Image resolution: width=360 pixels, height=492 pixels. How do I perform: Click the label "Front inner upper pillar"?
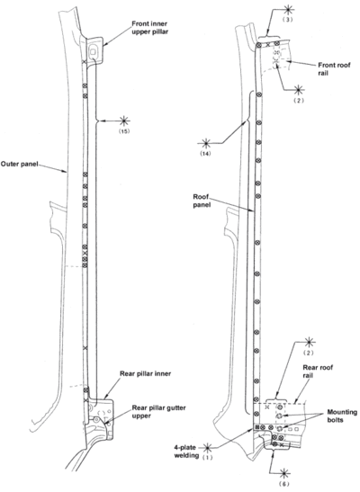(149, 28)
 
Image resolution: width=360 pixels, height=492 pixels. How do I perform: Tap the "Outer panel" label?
(19, 164)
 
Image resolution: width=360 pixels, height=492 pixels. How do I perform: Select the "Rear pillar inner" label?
(145, 373)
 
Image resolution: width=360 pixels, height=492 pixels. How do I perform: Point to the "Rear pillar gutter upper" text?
(158, 412)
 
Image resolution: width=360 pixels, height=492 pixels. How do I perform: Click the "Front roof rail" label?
(334, 69)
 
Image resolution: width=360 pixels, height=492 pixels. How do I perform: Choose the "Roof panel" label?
(202, 201)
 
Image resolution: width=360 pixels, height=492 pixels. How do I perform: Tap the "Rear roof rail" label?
(318, 371)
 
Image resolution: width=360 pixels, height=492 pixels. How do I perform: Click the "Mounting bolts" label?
(342, 416)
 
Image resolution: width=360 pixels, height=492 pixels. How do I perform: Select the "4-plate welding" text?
(186, 452)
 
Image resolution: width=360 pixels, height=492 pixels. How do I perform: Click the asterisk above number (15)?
(124, 121)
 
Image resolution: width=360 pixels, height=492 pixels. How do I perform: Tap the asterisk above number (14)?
(206, 143)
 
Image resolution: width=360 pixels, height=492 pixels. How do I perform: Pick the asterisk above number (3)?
(289, 9)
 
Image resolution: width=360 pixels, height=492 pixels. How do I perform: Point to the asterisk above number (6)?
(284, 473)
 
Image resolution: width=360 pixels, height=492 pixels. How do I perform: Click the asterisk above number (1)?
(207, 447)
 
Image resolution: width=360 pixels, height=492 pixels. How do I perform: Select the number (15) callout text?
(124, 131)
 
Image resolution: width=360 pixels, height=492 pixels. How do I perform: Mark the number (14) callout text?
(206, 154)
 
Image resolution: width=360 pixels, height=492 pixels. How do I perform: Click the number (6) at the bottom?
(284, 484)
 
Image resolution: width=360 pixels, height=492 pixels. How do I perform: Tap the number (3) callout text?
(289, 20)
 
